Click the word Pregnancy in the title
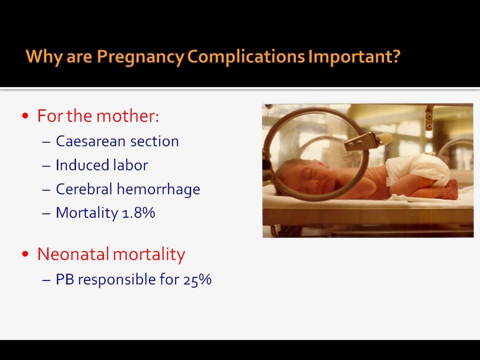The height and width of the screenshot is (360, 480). click(140, 57)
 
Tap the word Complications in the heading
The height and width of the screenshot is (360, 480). click(246, 57)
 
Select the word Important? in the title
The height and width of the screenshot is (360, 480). click(354, 57)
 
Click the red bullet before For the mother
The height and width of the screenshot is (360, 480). click(25, 116)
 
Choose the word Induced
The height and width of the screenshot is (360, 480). click(82, 165)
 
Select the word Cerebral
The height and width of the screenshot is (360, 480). click(84, 189)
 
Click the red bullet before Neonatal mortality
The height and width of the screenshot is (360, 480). click(25, 254)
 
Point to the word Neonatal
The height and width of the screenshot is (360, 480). click(73, 254)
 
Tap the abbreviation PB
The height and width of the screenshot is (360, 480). click(65, 279)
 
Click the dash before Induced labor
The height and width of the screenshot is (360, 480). click(46, 166)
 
